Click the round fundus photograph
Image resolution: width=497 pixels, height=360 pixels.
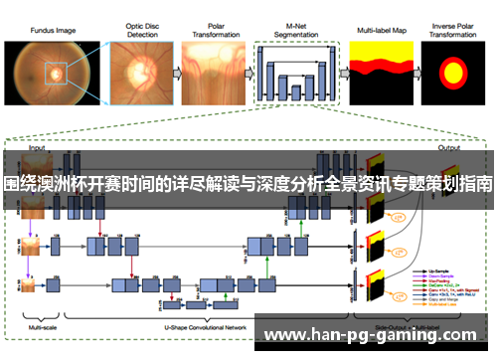coord(48,73)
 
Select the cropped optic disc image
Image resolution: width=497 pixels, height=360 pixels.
coord(136,73)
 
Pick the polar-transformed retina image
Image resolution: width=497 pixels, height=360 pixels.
coord(210,73)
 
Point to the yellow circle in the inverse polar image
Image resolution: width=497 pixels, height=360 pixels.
coord(452,73)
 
